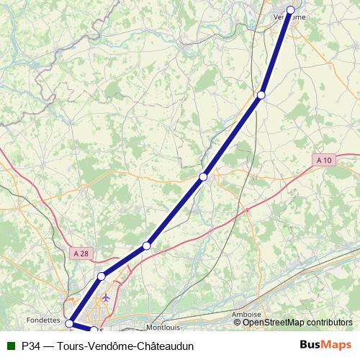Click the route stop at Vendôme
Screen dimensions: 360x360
coord(291,10)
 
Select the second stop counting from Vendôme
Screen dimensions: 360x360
coord(261,95)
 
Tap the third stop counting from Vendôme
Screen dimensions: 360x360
coord(204,176)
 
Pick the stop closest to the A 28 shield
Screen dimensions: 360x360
coord(102,276)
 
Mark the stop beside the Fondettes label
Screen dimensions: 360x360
coord(69,323)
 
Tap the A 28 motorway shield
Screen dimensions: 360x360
coord(81,253)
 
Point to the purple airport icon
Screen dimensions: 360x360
coord(107,297)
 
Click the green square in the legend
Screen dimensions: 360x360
coord(11,346)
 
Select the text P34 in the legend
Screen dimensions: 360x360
coord(31,346)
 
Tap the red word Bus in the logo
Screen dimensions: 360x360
coord(311,346)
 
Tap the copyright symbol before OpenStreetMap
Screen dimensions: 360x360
coord(238,323)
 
